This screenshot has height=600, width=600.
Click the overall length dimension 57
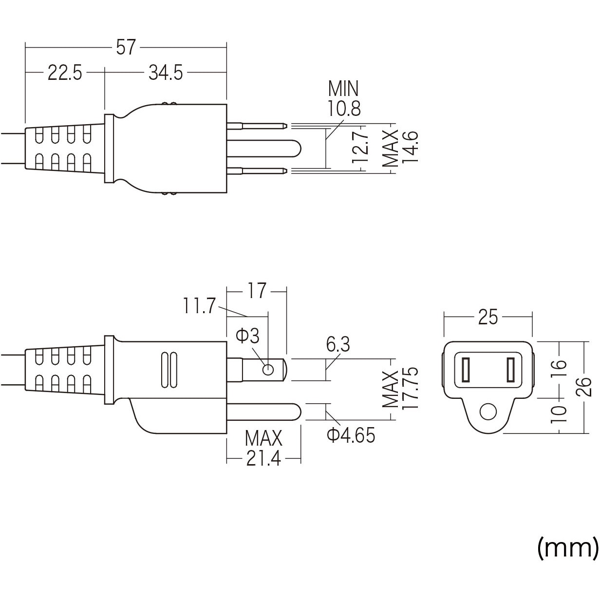[x=126, y=48]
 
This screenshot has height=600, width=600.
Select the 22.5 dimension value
[x=65, y=74]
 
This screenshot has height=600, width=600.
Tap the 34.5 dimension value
[x=166, y=74]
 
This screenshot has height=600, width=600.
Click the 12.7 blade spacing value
[x=360, y=147]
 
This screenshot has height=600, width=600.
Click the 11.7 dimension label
[x=199, y=306]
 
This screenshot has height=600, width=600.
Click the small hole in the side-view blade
[x=267, y=370]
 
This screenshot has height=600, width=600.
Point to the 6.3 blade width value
[x=338, y=345]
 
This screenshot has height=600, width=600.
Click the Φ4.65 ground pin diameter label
[x=351, y=435]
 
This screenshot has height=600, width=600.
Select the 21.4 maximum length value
[x=263, y=459]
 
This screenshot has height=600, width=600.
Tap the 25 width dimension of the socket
[x=488, y=318]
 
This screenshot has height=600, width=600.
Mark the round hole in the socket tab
[x=487, y=412]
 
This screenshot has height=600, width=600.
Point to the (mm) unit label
[x=567, y=548]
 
